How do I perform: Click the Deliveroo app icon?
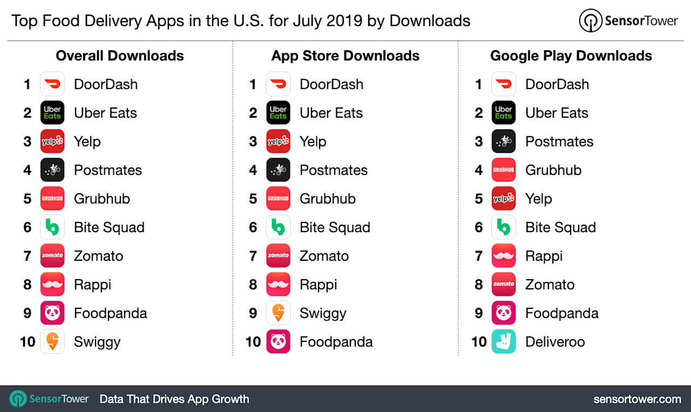coord(503,342)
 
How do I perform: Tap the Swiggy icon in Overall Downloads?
coord(52,342)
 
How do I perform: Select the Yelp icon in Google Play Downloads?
coord(503,199)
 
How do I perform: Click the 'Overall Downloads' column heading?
coord(120,56)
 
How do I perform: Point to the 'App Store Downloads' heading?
coord(345,56)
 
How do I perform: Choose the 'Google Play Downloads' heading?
coord(571,56)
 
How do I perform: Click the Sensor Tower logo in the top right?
coord(628,21)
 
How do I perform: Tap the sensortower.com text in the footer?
coord(637,399)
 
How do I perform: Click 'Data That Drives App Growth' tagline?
coord(174,399)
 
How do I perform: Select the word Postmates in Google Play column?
coord(559,141)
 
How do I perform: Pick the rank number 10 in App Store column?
coord(253,342)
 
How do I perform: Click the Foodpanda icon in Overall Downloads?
coord(52,313)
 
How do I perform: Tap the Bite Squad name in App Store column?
coord(335,227)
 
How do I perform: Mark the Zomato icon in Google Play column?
coord(503,285)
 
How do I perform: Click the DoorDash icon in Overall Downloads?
coord(52,84)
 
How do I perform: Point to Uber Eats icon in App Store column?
coord(278,113)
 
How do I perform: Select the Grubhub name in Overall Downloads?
coord(102,199)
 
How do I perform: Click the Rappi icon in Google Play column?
coord(503,256)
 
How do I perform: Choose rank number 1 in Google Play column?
coord(478,84)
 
